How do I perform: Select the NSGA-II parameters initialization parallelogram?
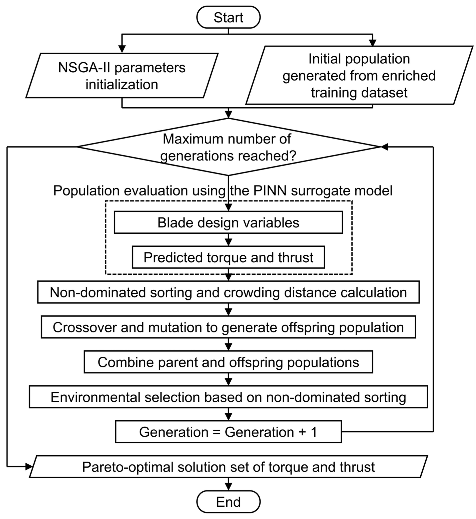[x=122, y=75]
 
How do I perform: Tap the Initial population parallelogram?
[x=359, y=75]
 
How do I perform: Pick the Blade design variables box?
[x=228, y=222]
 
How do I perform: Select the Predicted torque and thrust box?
[x=228, y=257]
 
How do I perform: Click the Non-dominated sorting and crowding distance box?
[x=228, y=292]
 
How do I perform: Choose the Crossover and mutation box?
[x=228, y=327]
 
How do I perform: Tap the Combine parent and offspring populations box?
[x=228, y=362]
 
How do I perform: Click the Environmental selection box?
[x=228, y=397]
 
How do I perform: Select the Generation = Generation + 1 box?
[x=228, y=432]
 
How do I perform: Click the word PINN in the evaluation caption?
[x=270, y=191]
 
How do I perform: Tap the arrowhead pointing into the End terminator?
[x=228, y=487]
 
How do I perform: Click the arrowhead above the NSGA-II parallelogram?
[x=122, y=49]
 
